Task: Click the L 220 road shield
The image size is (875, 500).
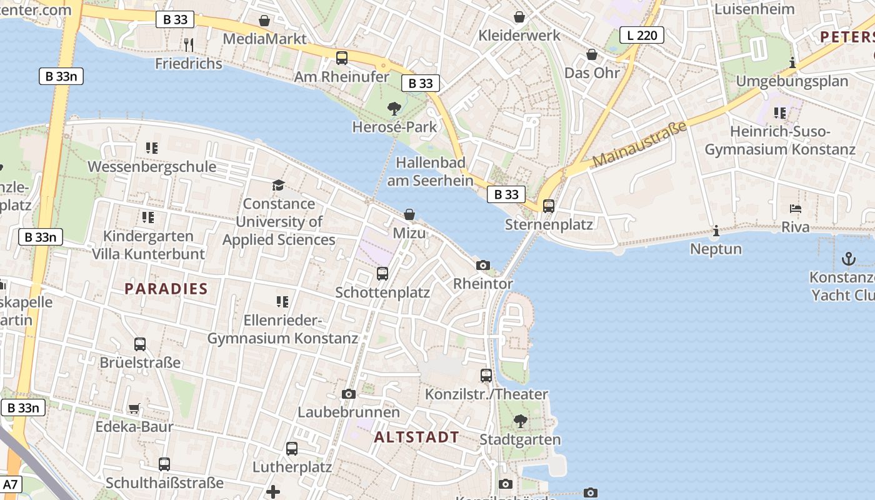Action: [642, 35]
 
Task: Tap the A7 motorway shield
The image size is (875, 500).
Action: [11, 484]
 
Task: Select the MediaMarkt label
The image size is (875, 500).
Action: [265, 39]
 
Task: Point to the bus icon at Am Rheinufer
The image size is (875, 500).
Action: [342, 58]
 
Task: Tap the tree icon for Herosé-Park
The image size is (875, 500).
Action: [394, 109]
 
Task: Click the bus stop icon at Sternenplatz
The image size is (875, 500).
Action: [549, 206]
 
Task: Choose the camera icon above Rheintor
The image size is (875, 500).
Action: [482, 265]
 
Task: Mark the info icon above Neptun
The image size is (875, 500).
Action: [716, 231]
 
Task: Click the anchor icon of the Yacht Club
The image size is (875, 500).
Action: [848, 258]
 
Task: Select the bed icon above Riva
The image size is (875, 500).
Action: [795, 209]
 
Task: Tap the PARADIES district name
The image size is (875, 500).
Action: [166, 289]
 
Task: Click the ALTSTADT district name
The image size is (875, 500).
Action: [417, 437]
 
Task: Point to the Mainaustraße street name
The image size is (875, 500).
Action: [639, 144]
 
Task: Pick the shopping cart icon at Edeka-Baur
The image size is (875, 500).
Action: [134, 409]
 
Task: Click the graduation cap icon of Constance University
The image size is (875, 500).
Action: [278, 185]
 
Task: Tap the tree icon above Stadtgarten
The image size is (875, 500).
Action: [520, 421]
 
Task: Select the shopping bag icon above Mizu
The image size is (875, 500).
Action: [409, 214]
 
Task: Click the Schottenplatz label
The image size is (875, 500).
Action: [382, 292]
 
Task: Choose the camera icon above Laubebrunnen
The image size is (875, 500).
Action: [349, 394]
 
